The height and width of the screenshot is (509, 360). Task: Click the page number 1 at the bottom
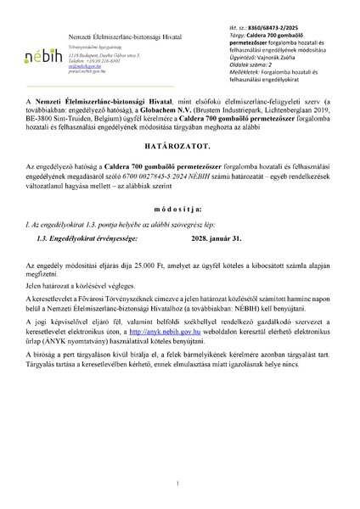tap(180, 484)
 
